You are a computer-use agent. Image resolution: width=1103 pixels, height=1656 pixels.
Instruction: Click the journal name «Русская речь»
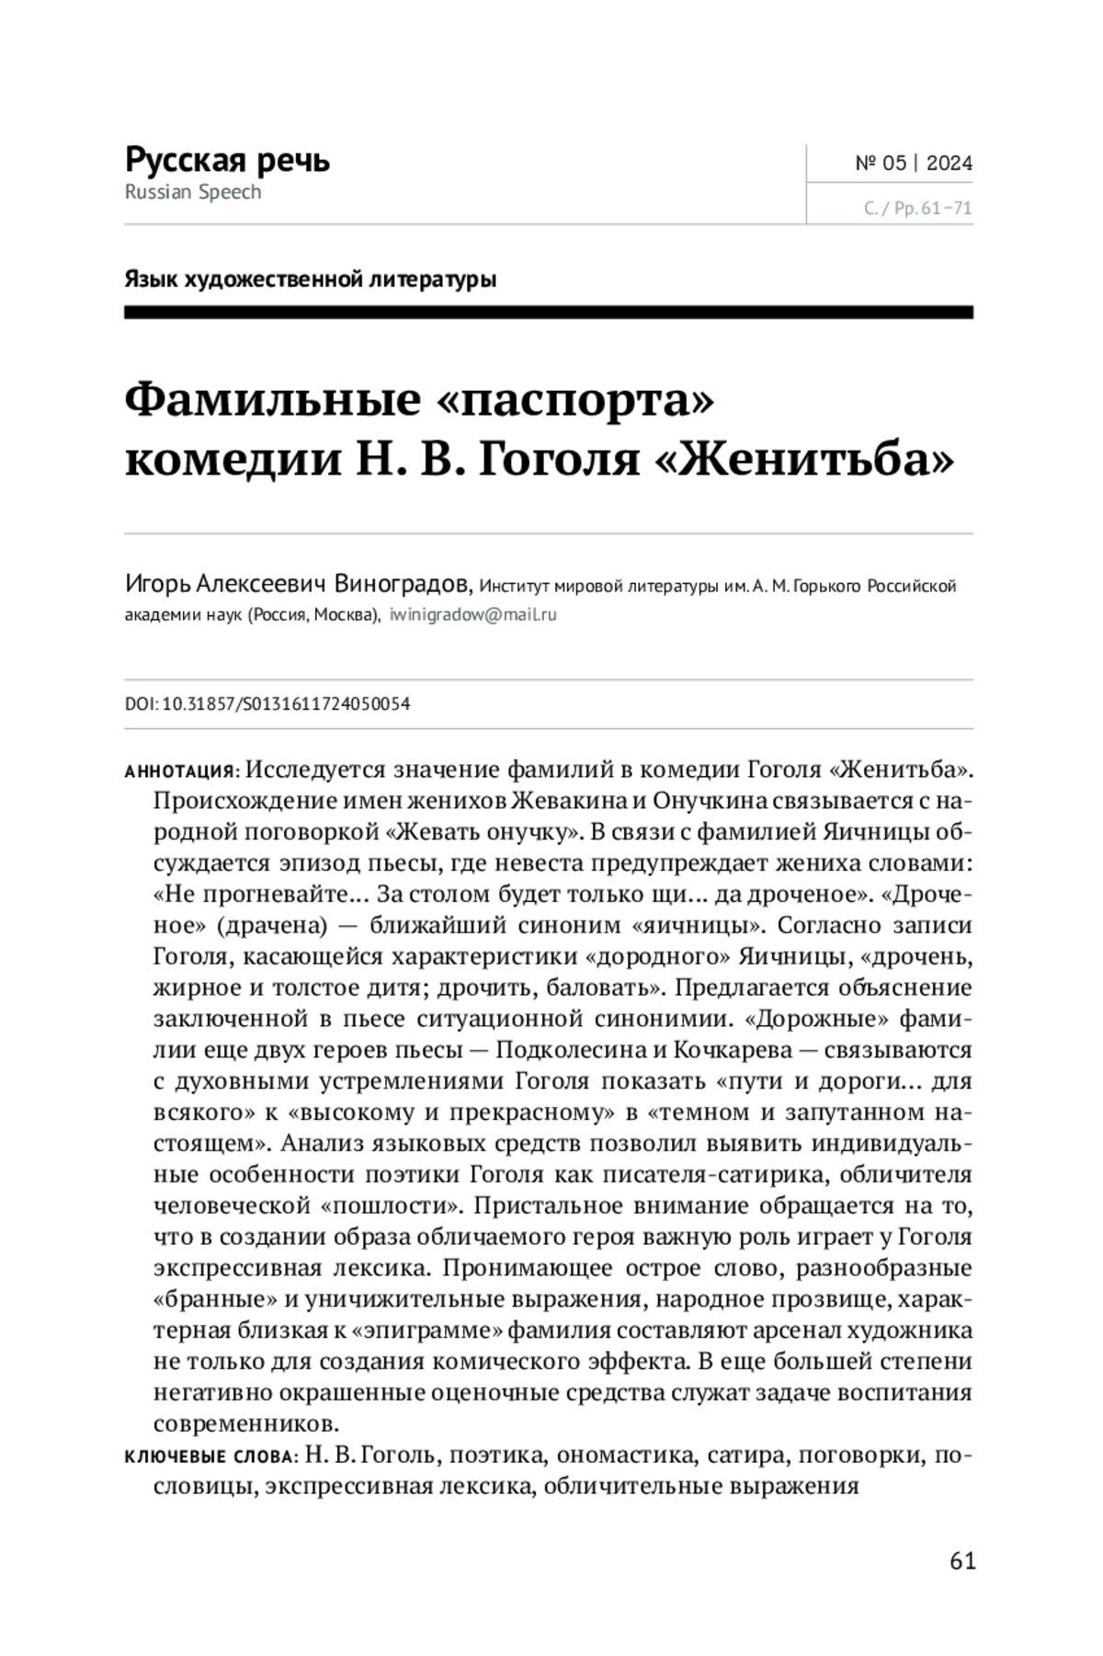coord(227,160)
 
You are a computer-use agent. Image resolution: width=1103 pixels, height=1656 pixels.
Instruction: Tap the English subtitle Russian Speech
coord(193,192)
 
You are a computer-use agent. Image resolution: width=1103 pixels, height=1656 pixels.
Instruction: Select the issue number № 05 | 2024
coord(913,164)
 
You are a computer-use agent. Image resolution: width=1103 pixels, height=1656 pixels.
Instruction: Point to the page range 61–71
coord(946,209)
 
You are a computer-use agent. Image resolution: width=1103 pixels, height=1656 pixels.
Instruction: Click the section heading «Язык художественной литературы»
coord(310,280)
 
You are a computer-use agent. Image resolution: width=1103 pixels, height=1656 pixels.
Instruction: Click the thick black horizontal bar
coord(549,314)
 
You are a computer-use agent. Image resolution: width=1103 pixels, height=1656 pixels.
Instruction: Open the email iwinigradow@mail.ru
coord(472,615)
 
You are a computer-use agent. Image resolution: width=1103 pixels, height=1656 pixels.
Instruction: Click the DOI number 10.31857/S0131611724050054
coord(285,704)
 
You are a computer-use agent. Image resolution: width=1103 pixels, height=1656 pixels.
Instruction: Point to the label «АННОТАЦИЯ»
coord(181,771)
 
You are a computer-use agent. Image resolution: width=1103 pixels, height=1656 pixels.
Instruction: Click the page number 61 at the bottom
coord(962,1560)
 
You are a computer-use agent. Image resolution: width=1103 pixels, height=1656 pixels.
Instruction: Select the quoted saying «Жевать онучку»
coord(480,832)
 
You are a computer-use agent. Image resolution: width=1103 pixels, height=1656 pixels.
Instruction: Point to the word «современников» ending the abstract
coord(245,1424)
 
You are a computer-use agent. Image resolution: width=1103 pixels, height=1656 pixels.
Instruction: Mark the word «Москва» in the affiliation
coord(344,615)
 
